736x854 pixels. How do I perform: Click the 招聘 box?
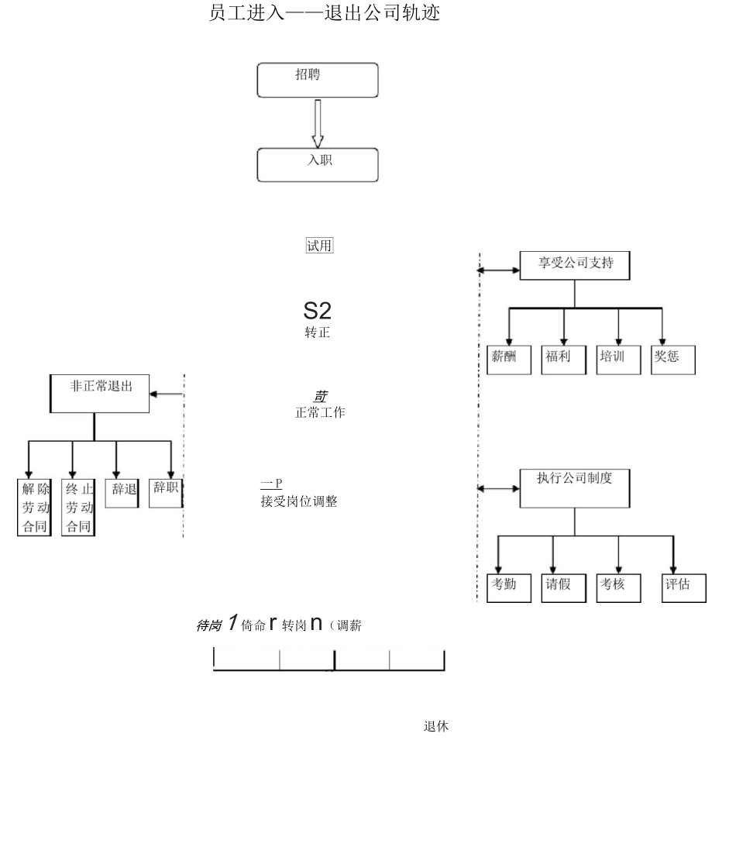click(x=318, y=80)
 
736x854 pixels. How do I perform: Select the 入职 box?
click(x=318, y=164)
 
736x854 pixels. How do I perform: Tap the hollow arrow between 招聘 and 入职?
click(x=318, y=123)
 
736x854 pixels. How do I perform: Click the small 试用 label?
click(x=320, y=246)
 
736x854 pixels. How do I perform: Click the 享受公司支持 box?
click(x=574, y=266)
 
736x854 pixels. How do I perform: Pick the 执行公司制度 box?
click(x=574, y=487)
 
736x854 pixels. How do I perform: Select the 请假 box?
click(x=559, y=587)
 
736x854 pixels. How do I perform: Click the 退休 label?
click(x=436, y=727)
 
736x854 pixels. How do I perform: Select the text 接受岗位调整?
click(x=299, y=502)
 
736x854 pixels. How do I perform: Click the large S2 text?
click(x=317, y=312)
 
